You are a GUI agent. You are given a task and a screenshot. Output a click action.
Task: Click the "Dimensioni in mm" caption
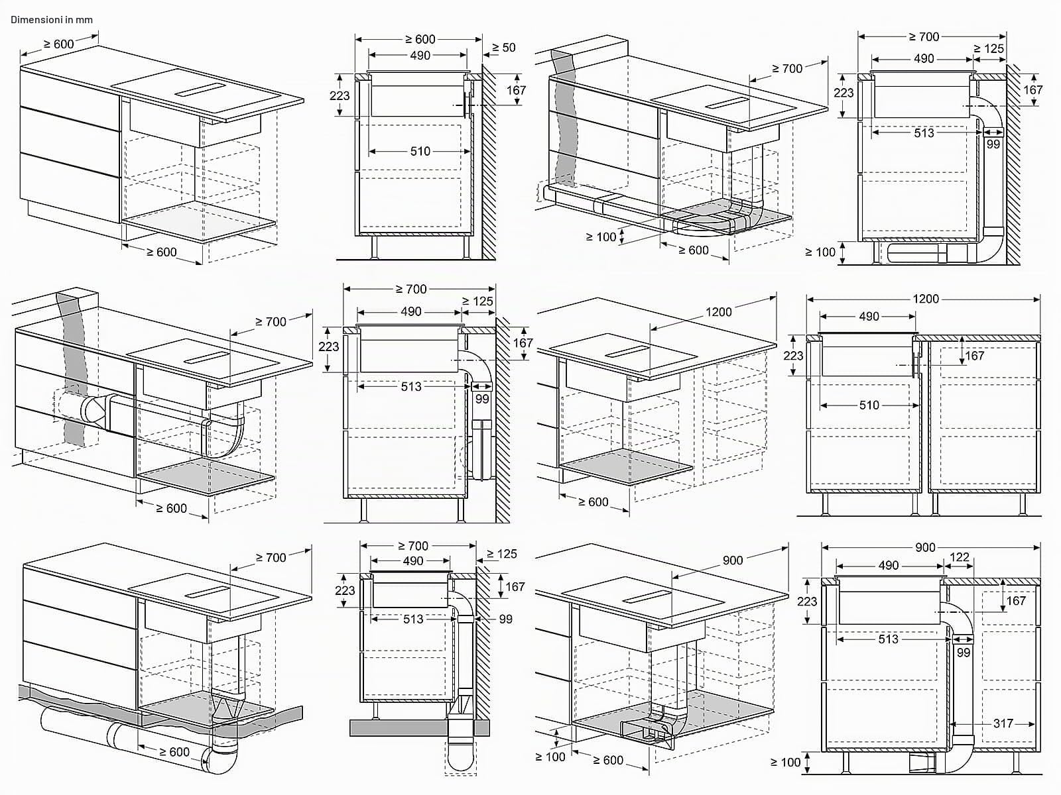coord(51,20)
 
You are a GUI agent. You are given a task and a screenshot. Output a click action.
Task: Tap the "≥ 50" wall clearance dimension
coord(504,47)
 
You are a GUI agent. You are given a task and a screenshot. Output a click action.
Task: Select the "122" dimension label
coord(960,558)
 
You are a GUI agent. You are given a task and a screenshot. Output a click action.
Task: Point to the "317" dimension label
coord(1003,723)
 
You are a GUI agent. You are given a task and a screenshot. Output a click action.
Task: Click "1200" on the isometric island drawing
coord(718,312)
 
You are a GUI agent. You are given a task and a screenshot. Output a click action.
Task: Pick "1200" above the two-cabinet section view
coord(926,299)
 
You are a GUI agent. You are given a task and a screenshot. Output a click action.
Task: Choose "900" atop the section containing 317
coord(925,547)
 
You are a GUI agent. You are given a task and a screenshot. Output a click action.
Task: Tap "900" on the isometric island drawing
coord(733,560)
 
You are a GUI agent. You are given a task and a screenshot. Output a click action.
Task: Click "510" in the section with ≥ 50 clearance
coord(420,151)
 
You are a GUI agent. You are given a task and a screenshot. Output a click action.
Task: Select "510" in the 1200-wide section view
coord(869,405)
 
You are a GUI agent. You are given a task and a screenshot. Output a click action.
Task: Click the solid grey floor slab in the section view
coord(420,728)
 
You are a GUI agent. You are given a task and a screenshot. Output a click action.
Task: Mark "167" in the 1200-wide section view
coord(975,356)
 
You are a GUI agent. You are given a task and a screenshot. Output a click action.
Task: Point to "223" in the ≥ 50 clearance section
coord(340,95)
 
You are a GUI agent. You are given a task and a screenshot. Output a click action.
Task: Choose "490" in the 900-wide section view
coord(889,565)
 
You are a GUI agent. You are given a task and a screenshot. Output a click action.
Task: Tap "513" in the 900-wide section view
coord(889,639)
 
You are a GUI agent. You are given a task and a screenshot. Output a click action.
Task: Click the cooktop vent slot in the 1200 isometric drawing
coord(627,351)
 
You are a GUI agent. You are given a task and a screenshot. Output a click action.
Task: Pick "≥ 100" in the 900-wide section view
coord(786,762)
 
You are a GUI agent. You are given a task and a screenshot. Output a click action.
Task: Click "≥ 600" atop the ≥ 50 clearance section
coord(420,39)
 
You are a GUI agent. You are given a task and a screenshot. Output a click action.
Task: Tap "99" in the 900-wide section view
coord(964,653)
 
